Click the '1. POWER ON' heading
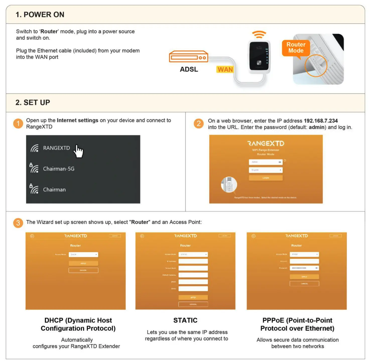[40, 15]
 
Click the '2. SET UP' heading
[33, 103]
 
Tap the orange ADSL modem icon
[189, 57]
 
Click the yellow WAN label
[225, 69]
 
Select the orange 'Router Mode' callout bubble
[296, 48]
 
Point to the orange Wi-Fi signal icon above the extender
[259, 34]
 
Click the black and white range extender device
[259, 57]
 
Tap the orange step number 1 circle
[18, 124]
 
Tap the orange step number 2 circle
[199, 124]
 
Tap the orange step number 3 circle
[18, 223]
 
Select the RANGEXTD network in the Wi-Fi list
[56, 148]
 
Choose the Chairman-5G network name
[59, 169]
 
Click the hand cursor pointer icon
[79, 151]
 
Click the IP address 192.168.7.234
[321, 121]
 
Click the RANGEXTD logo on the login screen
[266, 143]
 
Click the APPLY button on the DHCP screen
[83, 263]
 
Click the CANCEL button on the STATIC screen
[193, 304]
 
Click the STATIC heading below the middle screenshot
[185, 320]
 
